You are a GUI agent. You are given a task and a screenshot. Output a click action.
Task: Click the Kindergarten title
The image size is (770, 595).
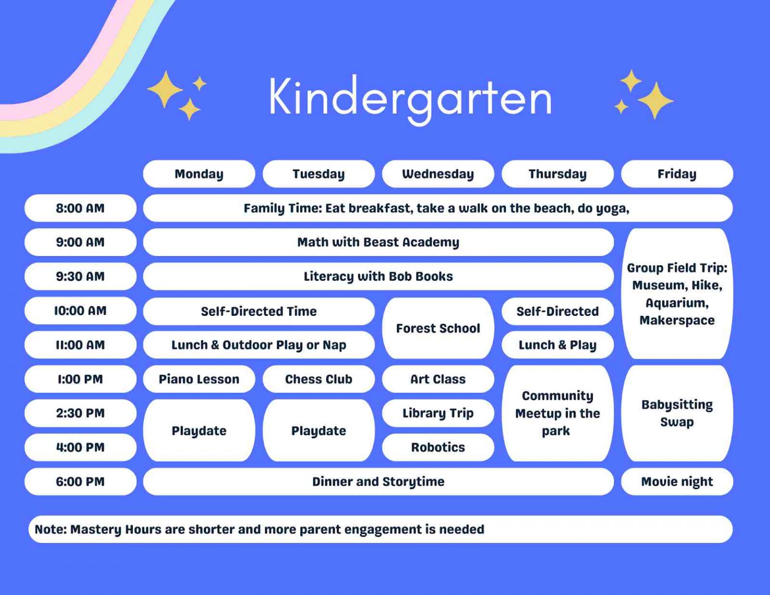(410, 98)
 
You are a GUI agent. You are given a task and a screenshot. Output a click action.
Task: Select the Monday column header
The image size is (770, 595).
(199, 174)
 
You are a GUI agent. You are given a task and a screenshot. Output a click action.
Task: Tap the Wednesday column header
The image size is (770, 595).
(438, 174)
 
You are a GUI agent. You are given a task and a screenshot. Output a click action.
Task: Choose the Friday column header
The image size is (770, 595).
(677, 174)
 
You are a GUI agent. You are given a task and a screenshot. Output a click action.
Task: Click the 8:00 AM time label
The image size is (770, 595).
(80, 208)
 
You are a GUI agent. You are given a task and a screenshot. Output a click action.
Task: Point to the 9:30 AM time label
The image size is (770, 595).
(80, 276)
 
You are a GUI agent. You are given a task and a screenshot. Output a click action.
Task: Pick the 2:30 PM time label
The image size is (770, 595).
(80, 413)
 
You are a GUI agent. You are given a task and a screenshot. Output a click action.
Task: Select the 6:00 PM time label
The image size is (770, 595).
(80, 482)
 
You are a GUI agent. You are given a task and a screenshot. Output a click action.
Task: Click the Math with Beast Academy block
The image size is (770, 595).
(378, 242)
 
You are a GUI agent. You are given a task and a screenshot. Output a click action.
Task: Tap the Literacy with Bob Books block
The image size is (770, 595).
(378, 276)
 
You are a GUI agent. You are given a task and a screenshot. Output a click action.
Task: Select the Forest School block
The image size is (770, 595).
(438, 328)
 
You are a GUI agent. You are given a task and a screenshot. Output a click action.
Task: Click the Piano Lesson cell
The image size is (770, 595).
(199, 379)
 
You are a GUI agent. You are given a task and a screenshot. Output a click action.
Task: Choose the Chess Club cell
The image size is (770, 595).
(318, 379)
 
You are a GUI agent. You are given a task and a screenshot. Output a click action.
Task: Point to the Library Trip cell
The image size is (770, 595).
(438, 413)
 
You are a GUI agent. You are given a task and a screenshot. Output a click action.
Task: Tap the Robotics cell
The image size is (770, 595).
(438, 447)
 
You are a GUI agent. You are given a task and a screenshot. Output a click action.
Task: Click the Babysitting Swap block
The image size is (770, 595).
(677, 413)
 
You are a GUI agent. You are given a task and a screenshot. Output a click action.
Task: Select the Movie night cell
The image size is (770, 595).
(677, 482)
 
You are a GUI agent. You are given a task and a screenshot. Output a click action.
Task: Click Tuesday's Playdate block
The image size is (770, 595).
(318, 431)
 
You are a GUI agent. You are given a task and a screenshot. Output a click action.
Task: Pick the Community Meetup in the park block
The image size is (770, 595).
(557, 413)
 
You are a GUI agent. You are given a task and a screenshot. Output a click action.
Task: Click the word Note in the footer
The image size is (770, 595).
(50, 529)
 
